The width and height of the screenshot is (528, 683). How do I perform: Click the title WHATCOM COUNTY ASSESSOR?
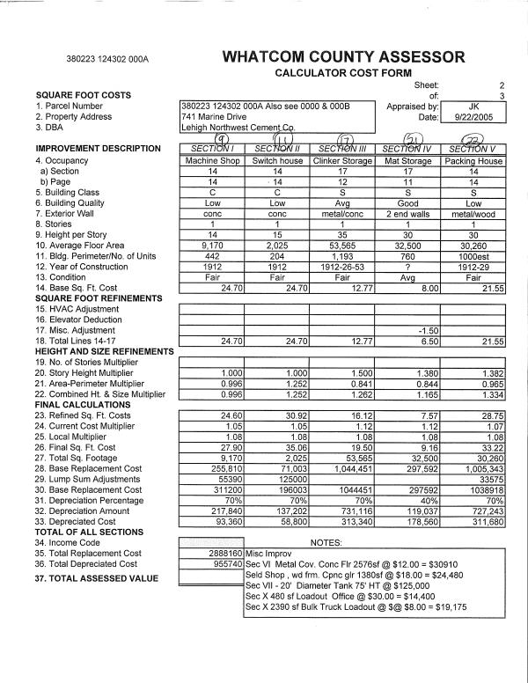point(344,57)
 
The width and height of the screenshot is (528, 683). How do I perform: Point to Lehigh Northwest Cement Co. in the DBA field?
point(236,128)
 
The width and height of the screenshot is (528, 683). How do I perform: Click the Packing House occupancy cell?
point(473,161)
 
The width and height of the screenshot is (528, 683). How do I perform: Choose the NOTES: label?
point(326,542)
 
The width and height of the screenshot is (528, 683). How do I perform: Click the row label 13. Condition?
point(67,276)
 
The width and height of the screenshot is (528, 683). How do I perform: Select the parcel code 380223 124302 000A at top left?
point(107,60)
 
